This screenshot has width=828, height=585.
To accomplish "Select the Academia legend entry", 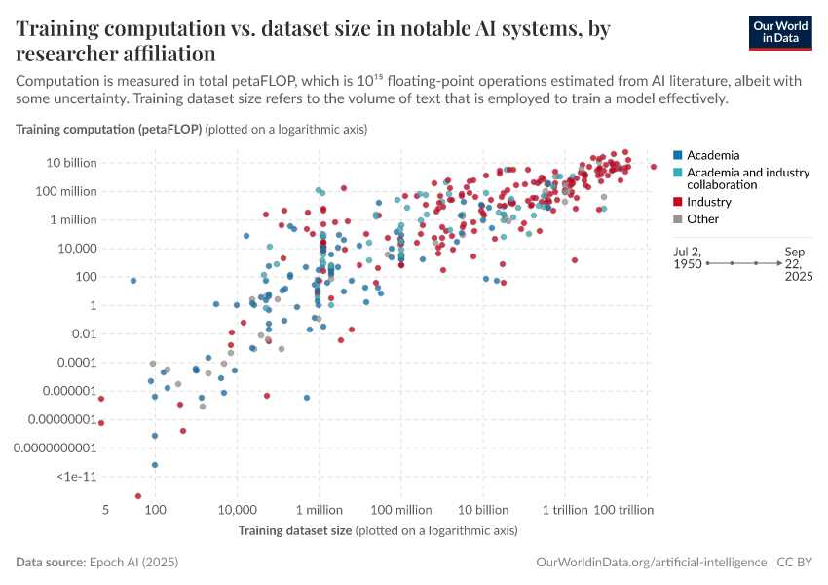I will click(x=713, y=155).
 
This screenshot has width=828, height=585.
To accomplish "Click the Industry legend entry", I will click(x=708, y=202).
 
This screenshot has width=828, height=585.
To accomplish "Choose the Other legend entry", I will click(x=702, y=218).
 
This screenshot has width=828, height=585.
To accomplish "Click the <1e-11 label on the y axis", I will click(x=76, y=477).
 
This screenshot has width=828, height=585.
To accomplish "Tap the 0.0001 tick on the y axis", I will click(x=74, y=363).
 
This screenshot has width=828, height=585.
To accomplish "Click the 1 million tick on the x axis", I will click(x=319, y=510).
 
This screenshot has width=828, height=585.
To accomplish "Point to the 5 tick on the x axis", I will click(x=102, y=510).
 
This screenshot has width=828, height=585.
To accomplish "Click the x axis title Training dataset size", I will click(x=295, y=530).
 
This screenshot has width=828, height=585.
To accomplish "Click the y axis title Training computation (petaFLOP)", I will click(x=108, y=129).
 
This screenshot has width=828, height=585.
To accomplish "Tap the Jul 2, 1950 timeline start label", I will click(x=689, y=257).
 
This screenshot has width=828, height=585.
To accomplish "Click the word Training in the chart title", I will click(x=57, y=29).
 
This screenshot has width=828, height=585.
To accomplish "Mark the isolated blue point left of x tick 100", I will click(x=133, y=281).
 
